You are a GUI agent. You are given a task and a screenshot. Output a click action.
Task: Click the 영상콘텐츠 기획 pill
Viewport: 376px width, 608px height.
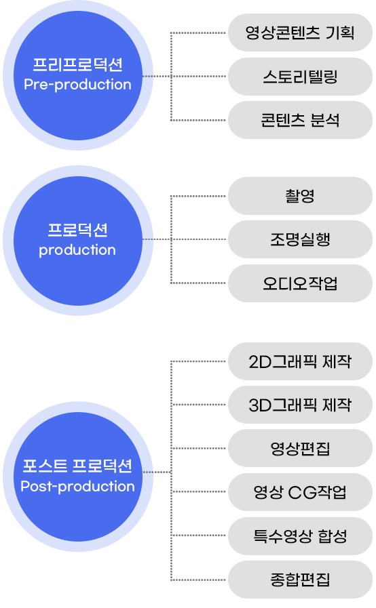click(x=300, y=33)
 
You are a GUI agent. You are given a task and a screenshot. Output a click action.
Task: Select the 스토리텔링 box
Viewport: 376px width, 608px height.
click(x=300, y=77)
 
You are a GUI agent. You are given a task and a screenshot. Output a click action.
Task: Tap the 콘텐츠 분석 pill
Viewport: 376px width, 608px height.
click(x=300, y=120)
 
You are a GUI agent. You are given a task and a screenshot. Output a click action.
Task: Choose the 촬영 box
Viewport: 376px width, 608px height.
click(x=300, y=196)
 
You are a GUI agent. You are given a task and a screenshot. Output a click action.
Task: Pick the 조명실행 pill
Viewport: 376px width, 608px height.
click(x=300, y=239)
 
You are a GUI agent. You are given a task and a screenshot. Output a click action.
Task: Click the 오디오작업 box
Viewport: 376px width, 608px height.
click(x=300, y=283)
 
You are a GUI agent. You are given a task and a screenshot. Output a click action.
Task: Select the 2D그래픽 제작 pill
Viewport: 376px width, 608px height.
click(x=300, y=361)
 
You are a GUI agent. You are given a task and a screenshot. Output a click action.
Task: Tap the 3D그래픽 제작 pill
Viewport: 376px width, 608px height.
click(x=300, y=405)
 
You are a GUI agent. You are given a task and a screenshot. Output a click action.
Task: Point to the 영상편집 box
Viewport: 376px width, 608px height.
click(x=300, y=448)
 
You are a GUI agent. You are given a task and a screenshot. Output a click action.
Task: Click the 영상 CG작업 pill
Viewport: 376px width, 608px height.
click(x=300, y=492)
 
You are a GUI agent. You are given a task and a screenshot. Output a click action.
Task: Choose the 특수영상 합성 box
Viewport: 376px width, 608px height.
click(x=300, y=536)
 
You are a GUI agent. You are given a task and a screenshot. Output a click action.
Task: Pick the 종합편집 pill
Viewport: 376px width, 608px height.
click(x=300, y=580)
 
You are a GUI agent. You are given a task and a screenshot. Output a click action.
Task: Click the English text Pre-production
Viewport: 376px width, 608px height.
click(x=77, y=85)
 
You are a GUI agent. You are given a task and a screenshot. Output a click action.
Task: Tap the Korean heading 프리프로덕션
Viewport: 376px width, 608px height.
click(x=77, y=64)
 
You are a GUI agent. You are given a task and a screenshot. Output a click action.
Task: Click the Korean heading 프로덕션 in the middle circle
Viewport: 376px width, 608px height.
click(x=77, y=230)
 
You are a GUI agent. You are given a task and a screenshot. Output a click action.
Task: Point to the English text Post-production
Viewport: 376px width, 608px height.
click(x=77, y=487)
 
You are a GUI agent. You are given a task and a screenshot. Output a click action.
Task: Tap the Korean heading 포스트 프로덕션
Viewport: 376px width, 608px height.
click(x=77, y=466)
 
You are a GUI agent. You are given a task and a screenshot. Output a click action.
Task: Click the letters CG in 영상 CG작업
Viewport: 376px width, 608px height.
click(x=301, y=493)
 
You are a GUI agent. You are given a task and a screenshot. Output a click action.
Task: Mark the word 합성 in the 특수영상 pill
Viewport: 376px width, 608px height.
click(x=333, y=536)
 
